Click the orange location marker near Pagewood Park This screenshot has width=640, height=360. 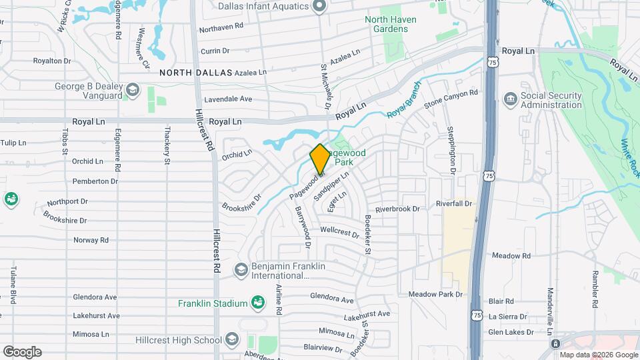click(319, 159)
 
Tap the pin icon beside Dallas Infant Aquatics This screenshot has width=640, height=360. click(319, 7)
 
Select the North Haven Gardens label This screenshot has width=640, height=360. click(391, 24)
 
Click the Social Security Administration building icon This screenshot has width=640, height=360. click(511, 100)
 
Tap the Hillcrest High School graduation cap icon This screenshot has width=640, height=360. click(231, 340)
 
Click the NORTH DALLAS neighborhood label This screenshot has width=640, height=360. click(195, 72)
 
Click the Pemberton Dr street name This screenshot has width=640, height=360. click(95, 181)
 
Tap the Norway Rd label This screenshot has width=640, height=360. click(91, 240)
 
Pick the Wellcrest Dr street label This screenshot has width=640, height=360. click(339, 232)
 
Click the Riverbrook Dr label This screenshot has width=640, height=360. click(397, 209)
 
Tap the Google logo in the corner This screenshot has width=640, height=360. click(22, 352)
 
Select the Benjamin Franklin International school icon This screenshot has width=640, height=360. click(241, 270)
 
